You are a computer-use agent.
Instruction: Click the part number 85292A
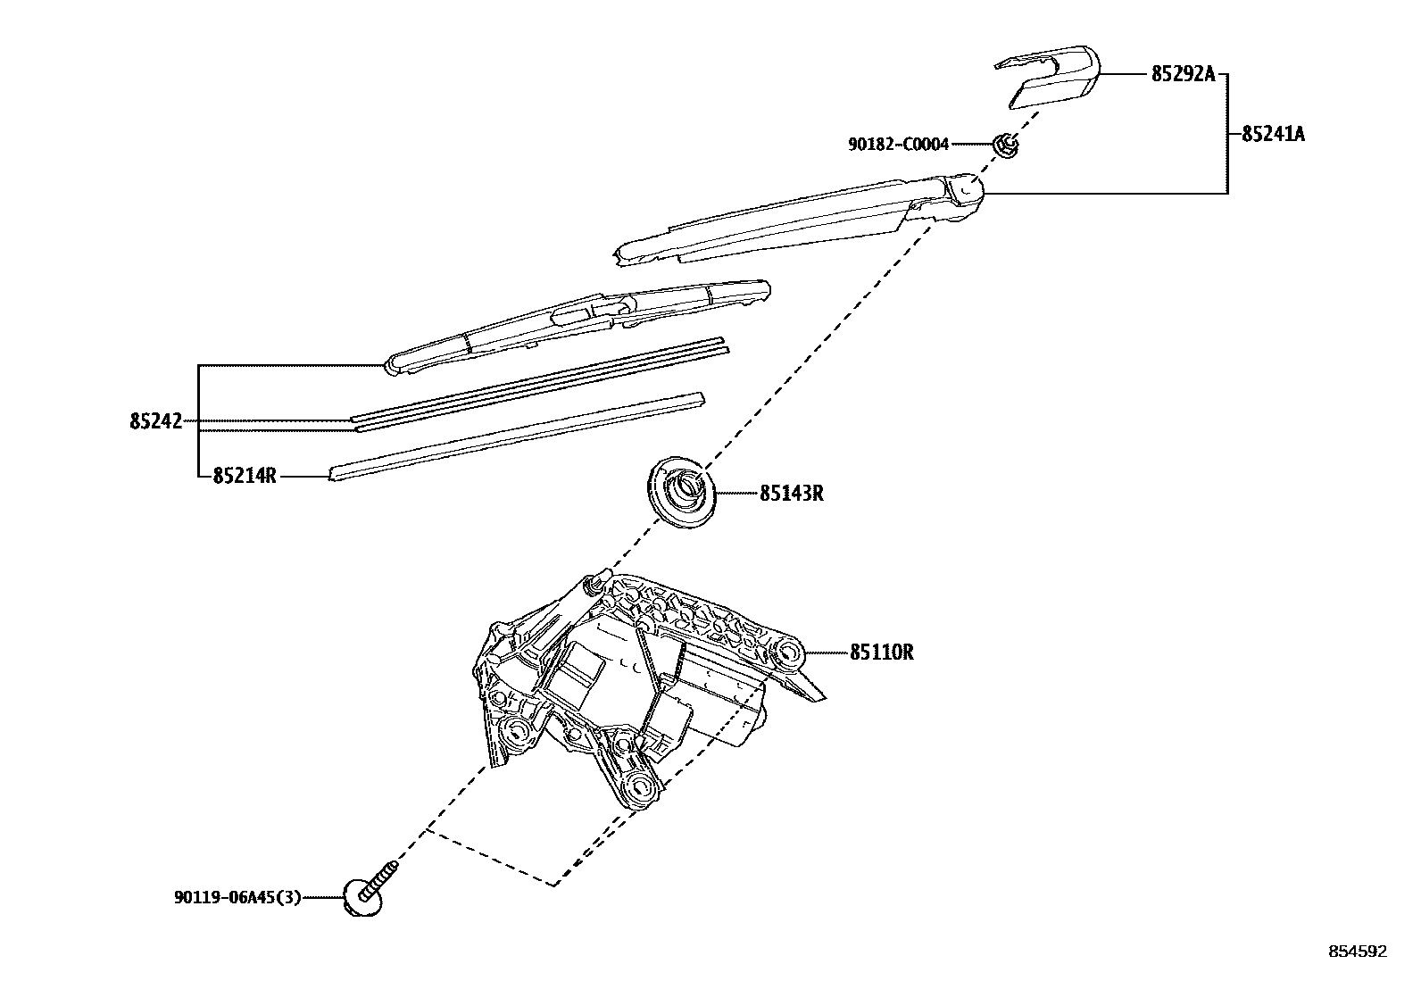click(1183, 75)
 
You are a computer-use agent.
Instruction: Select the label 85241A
click(1273, 135)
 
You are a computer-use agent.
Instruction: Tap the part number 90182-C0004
click(898, 144)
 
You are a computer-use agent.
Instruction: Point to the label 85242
click(155, 421)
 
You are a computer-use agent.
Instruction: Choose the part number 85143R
click(792, 493)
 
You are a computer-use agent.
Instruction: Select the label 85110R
click(881, 653)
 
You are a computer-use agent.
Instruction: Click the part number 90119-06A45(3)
click(237, 897)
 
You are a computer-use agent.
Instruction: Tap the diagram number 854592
click(1358, 952)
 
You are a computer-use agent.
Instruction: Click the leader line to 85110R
click(826, 653)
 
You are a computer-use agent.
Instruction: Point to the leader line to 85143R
click(736, 493)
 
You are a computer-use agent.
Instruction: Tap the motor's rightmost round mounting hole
click(789, 653)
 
